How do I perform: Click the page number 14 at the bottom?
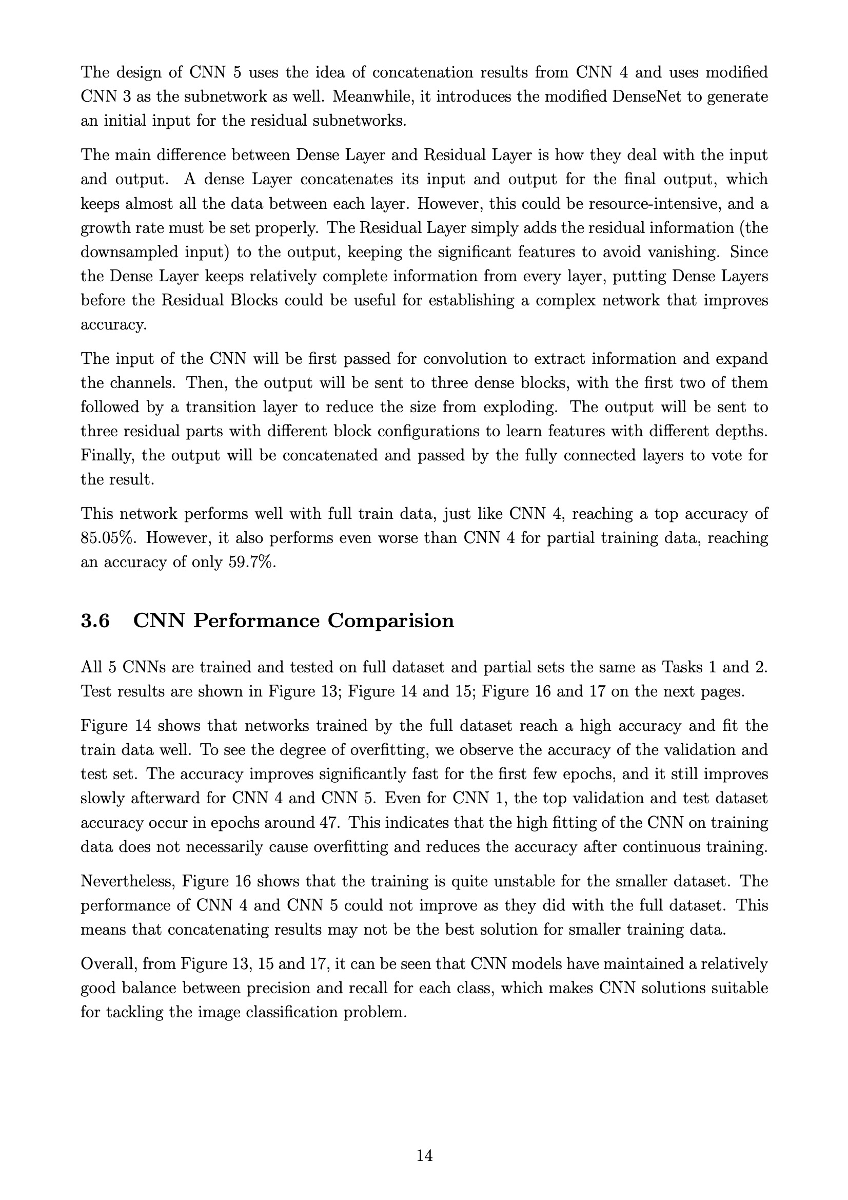point(424,1155)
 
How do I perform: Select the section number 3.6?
point(95,621)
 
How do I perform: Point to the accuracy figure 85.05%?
point(108,538)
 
